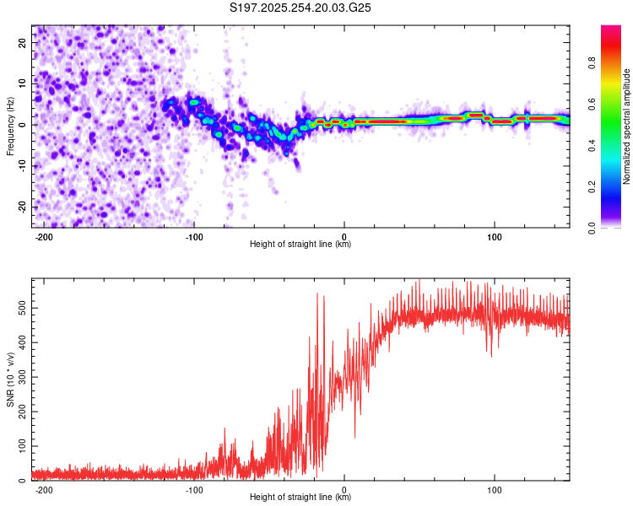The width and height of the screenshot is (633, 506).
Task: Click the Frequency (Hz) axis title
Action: coord(9,125)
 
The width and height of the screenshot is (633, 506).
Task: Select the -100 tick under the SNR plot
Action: coord(194,490)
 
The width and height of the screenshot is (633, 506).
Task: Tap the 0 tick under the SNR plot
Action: coord(344,490)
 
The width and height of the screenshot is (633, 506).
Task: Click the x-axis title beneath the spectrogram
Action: coord(300,245)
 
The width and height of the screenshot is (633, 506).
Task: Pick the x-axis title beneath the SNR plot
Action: coord(300,498)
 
